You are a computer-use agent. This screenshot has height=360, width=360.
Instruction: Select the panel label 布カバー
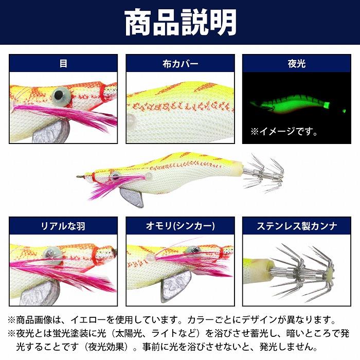click(x=180, y=64)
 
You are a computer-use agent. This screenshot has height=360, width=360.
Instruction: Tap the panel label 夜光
click(x=297, y=64)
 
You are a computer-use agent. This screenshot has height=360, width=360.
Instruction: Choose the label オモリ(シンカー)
click(x=180, y=226)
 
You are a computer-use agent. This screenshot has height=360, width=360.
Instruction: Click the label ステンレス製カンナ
click(x=297, y=226)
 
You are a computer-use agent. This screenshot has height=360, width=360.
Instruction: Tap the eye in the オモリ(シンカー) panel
click(x=193, y=250)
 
